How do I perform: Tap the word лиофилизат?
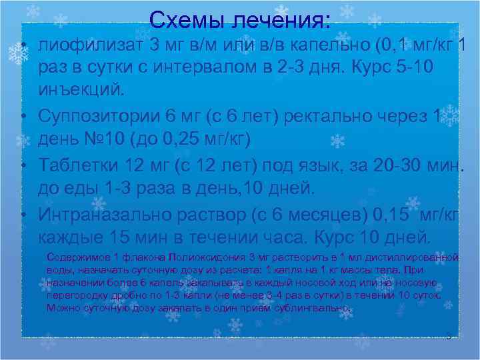92,46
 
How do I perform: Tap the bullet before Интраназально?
23,214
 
